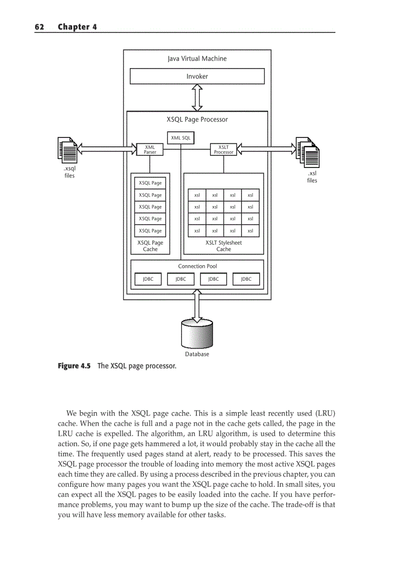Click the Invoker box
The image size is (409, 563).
(x=197, y=76)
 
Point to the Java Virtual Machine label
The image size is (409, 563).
(x=197, y=59)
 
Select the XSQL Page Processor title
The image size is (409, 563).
(x=197, y=119)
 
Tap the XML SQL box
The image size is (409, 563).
(x=180, y=137)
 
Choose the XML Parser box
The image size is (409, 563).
(x=150, y=149)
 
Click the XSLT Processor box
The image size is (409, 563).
(x=224, y=149)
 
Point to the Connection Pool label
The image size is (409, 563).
(x=197, y=266)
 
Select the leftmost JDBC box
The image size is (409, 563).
(x=148, y=279)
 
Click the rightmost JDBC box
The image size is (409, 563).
(x=246, y=279)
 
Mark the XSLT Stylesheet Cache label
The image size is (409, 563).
(x=224, y=246)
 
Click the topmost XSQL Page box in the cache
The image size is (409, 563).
(x=150, y=183)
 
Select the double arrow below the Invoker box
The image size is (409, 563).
(x=197, y=97)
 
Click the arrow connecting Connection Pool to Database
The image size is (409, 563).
(x=197, y=304)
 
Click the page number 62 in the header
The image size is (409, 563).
(x=40, y=27)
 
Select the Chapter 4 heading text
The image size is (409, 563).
(x=77, y=27)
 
